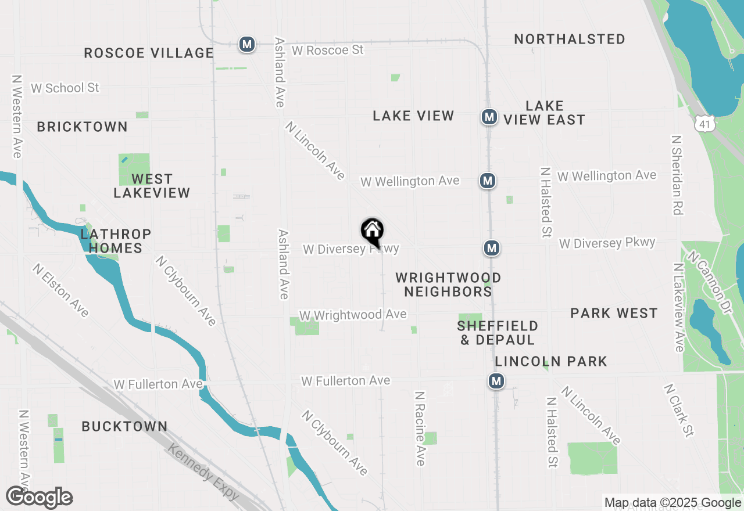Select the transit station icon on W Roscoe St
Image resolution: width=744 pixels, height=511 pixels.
tap(247, 44)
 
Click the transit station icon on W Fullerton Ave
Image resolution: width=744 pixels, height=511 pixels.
tap(496, 381)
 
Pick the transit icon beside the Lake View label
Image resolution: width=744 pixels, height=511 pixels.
tap(489, 117)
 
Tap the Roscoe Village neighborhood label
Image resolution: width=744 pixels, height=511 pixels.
tap(149, 53)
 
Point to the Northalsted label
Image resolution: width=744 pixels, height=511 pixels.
tap(570, 39)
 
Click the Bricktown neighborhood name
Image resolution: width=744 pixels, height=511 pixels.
tap(82, 127)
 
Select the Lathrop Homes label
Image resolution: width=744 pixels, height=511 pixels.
tap(116, 241)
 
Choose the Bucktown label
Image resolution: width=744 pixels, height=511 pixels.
tap(124, 426)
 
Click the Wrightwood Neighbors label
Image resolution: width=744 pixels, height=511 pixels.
tap(448, 285)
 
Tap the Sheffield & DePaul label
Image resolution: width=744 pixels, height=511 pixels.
tap(498, 333)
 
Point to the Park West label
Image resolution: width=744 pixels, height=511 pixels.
tap(614, 313)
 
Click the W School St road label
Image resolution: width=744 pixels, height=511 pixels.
tap(65, 88)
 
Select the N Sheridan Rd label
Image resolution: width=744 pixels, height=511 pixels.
tap(676, 175)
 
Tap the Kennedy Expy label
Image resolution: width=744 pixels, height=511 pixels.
tap(203, 472)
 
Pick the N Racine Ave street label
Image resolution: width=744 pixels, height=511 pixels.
tap(420, 428)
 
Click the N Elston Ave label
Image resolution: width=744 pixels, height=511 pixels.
tap(61, 291)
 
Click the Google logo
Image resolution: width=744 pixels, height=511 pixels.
tap(40, 498)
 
